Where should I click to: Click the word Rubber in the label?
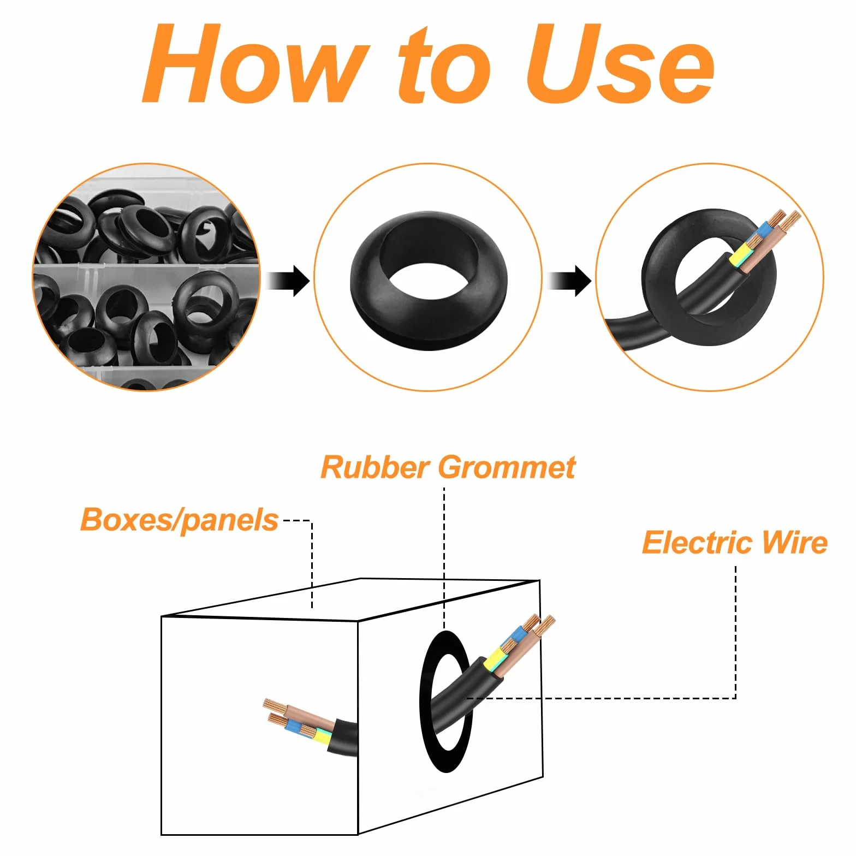pyautogui.click(x=376, y=467)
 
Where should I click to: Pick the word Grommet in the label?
pyautogui.click(x=507, y=467)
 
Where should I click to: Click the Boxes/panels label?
pyautogui.click(x=180, y=520)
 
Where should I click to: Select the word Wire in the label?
pyautogui.click(x=794, y=542)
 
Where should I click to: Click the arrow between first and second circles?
pyautogui.click(x=288, y=281)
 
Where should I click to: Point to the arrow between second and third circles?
pyautogui.click(x=569, y=281)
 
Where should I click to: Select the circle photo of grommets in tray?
pyautogui.click(x=146, y=277)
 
